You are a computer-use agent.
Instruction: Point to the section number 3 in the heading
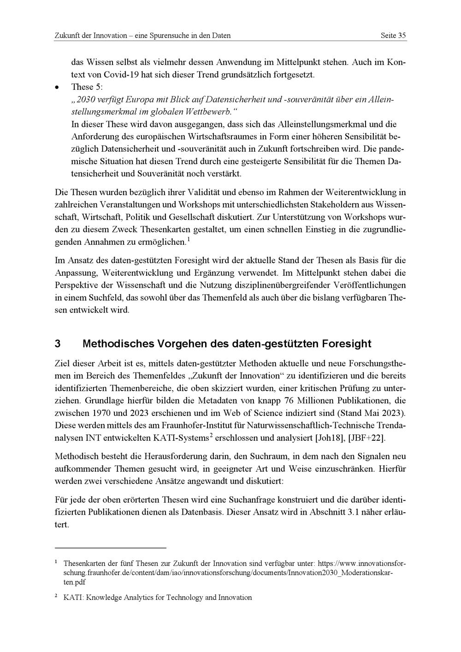58,344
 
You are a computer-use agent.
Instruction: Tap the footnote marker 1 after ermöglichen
188,239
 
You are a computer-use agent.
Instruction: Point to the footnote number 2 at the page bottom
56,596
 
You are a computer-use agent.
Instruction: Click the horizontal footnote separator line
110,548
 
